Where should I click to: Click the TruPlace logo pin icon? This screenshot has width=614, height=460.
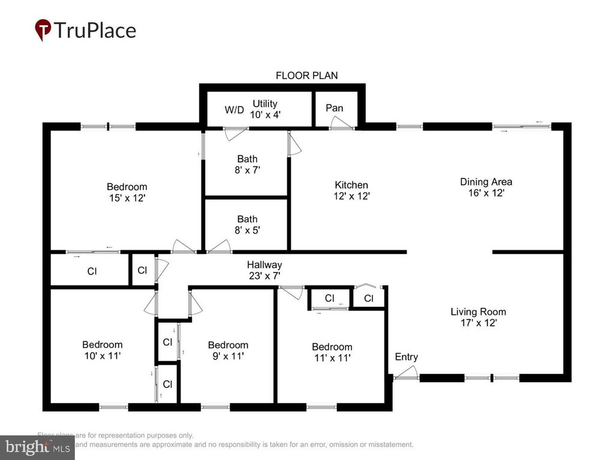pyautogui.click(x=43, y=29)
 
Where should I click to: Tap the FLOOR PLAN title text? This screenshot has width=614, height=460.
pyautogui.click(x=306, y=75)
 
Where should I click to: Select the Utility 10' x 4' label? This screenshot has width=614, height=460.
pyautogui.click(x=264, y=108)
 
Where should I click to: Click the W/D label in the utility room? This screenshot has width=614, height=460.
pyautogui.click(x=234, y=110)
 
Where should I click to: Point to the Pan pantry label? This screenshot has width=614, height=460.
pyautogui.click(x=335, y=108)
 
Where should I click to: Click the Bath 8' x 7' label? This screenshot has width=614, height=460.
pyautogui.click(x=247, y=164)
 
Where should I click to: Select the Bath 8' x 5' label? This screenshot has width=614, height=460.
pyautogui.click(x=247, y=225)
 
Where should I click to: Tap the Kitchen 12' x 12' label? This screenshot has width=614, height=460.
pyautogui.click(x=351, y=190)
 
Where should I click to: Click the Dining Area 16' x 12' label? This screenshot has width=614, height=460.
pyautogui.click(x=486, y=187)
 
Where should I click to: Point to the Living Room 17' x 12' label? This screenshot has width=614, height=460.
pyautogui.click(x=478, y=317)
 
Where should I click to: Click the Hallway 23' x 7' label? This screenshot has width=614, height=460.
pyautogui.click(x=264, y=270)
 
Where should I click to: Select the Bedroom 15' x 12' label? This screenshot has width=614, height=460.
pyautogui.click(x=127, y=192)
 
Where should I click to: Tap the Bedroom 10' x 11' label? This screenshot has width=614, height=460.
pyautogui.click(x=102, y=350)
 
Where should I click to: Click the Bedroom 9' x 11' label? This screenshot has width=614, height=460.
pyautogui.click(x=228, y=350)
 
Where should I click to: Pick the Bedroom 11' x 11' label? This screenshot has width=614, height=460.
pyautogui.click(x=332, y=352)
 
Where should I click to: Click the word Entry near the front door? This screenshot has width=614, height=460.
pyautogui.click(x=406, y=357)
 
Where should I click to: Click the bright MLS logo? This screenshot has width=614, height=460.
pyautogui.click(x=37, y=447)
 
